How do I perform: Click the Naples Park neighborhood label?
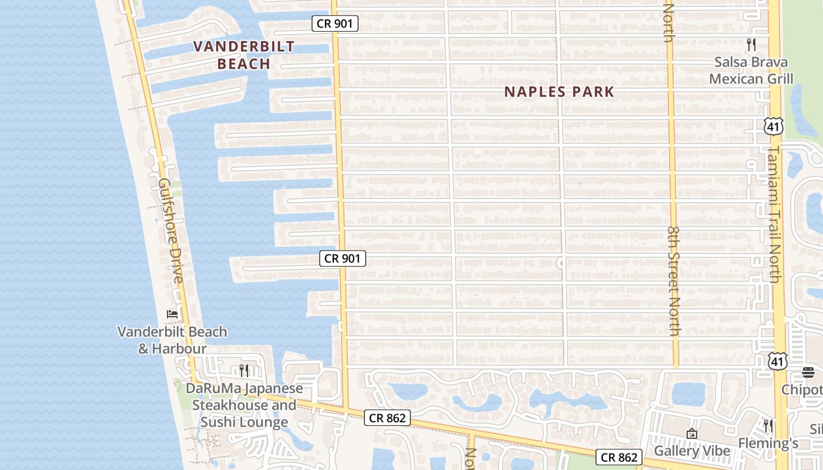point(559,92)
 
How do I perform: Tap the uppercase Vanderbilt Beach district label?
point(243,55)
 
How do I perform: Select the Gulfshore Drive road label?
point(170,229)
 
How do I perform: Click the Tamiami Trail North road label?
point(774,214)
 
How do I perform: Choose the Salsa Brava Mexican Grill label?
point(751,70)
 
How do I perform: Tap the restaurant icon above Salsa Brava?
point(751,44)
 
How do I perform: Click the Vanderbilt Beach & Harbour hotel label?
point(172,340)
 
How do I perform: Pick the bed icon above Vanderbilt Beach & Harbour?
point(172,314)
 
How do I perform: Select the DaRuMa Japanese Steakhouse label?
point(245,405)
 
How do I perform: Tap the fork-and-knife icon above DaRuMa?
point(244,370)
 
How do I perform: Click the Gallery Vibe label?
point(692,451)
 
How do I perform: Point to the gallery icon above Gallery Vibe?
point(692,434)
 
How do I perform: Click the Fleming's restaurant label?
point(768,443)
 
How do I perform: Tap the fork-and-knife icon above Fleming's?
point(768,425)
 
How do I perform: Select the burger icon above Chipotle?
point(808,372)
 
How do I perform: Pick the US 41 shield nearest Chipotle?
point(778,361)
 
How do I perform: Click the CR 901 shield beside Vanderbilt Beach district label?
point(334,23)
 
